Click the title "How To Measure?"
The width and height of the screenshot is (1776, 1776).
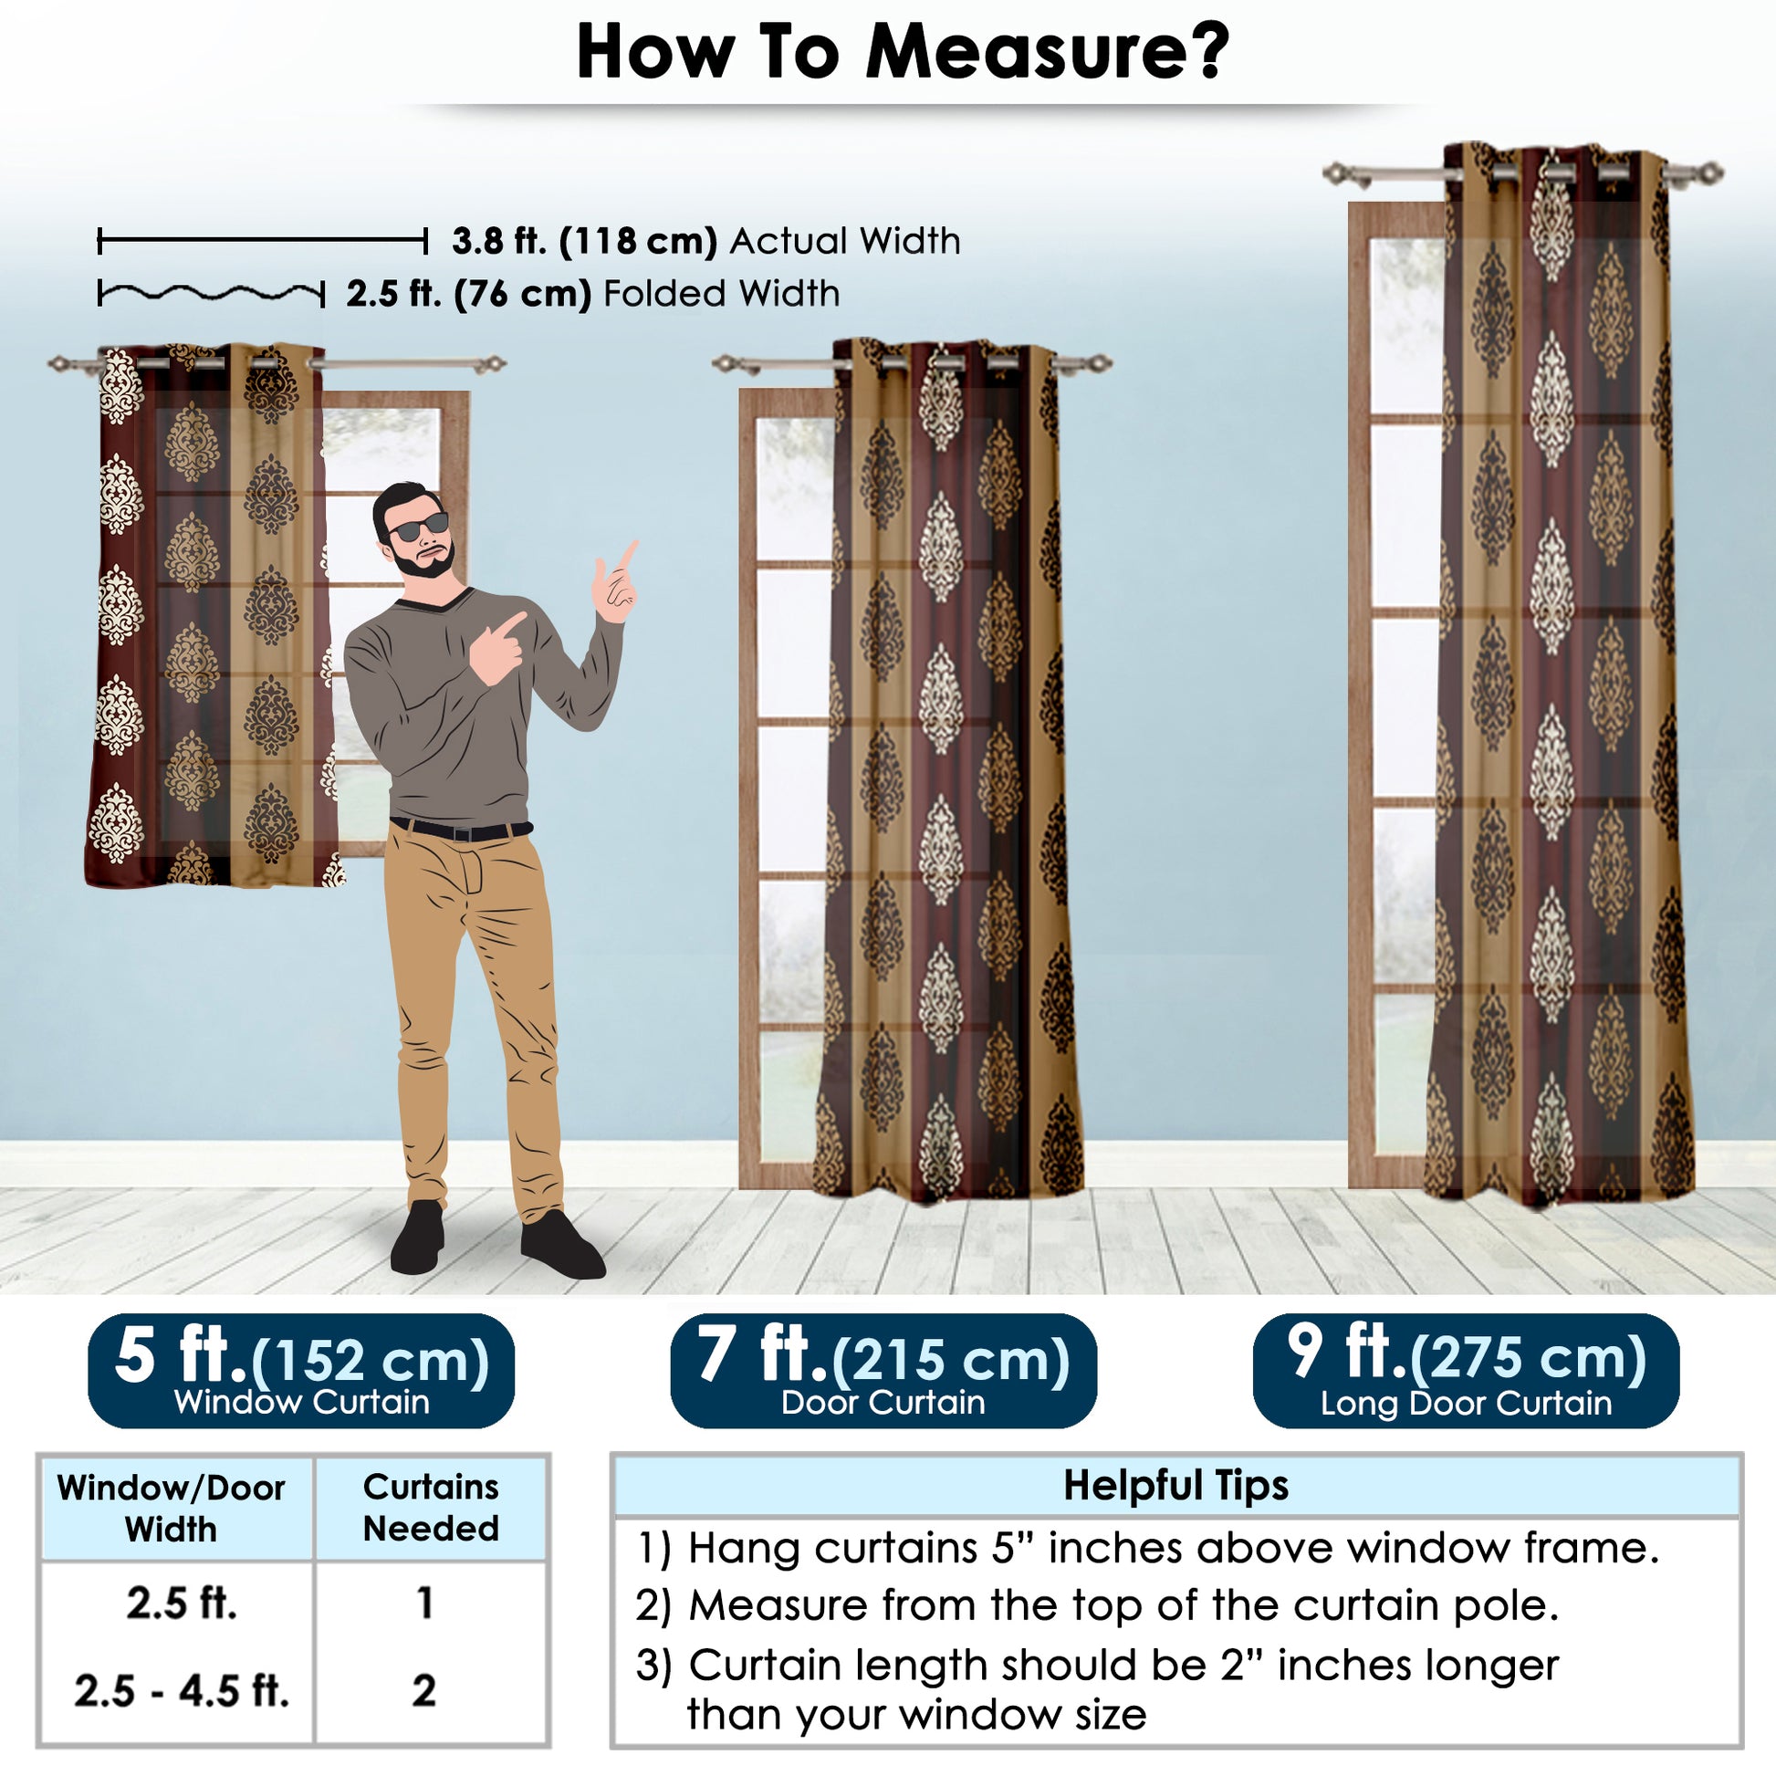tap(903, 51)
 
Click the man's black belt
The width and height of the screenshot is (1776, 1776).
tap(461, 831)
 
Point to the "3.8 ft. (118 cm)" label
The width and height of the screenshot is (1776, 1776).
tap(585, 241)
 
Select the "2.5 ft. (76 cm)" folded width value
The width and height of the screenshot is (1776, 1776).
tap(469, 294)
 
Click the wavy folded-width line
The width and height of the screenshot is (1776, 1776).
tap(212, 294)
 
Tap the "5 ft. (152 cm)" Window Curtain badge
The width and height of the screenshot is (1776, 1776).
tap(301, 1371)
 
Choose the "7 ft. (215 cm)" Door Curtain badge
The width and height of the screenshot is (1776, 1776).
tap(883, 1371)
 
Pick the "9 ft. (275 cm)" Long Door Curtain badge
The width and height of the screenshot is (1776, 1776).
tap(1467, 1371)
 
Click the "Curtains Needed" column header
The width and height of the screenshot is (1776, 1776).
tap(431, 1508)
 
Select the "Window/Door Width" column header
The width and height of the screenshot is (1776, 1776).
tap(171, 1509)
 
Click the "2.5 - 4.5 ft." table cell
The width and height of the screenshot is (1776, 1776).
tap(182, 1690)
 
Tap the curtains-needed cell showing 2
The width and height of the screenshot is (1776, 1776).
tap(423, 1690)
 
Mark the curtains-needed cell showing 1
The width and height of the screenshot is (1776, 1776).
tap(424, 1603)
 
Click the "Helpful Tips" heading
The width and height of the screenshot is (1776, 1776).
tap(1175, 1485)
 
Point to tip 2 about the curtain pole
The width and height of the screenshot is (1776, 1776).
tap(1098, 1606)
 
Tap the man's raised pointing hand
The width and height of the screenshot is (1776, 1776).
tap(616, 582)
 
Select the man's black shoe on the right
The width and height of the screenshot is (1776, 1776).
tap(561, 1246)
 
